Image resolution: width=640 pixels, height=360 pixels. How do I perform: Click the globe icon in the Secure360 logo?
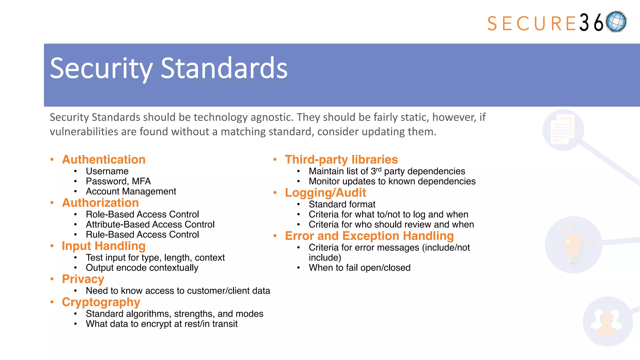(616, 22)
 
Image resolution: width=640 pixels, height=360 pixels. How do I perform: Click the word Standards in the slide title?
(224, 68)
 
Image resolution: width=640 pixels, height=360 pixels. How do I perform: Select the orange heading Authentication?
(104, 160)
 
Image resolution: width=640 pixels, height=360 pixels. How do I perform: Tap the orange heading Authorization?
(100, 203)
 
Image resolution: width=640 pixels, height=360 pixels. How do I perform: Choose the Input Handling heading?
(103, 246)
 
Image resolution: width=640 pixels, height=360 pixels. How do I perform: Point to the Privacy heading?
(83, 279)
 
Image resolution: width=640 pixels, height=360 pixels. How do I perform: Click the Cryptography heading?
(101, 302)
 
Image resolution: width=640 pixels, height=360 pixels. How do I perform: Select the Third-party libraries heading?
(341, 160)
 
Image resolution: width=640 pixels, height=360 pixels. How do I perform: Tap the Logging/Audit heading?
(325, 193)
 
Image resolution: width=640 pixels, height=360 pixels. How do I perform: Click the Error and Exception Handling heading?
(369, 236)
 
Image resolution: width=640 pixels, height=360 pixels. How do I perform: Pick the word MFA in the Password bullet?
(141, 181)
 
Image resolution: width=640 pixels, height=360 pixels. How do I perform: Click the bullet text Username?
(107, 171)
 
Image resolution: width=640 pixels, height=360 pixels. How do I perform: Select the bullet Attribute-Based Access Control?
(150, 224)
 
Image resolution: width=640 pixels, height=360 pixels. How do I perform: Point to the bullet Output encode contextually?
(142, 268)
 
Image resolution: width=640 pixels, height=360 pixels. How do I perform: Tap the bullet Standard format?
(342, 204)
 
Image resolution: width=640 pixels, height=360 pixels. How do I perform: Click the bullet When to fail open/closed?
(359, 268)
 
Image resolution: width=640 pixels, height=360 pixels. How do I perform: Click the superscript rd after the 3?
(378, 169)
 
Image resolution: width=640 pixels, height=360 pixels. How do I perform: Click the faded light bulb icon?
(572, 245)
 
